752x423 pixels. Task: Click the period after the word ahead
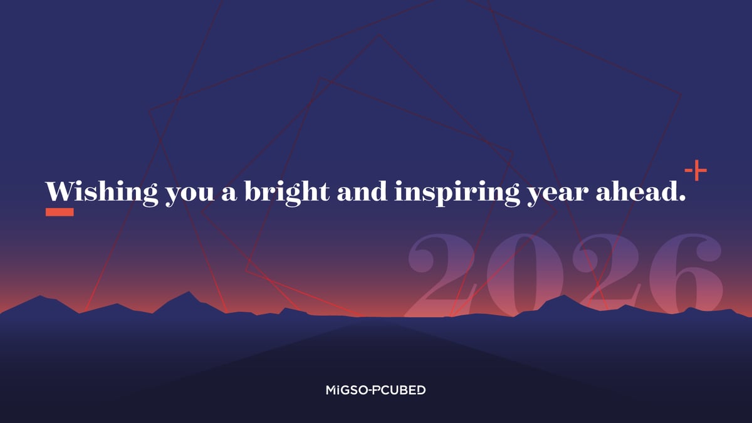(682, 199)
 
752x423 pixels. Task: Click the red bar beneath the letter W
(60, 212)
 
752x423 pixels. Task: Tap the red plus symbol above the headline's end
(696, 170)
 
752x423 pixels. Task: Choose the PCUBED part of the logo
(401, 390)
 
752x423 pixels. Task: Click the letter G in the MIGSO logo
(347, 390)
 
